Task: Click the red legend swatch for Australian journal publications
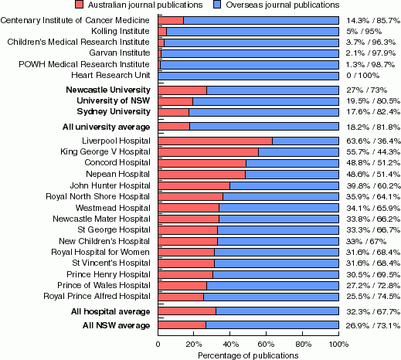click(x=79, y=5)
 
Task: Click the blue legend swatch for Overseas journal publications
click(x=217, y=5)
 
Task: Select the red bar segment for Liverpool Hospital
click(x=216, y=141)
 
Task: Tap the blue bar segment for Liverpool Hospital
click(x=305, y=141)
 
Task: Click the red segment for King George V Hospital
click(x=209, y=152)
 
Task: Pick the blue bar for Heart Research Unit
click(x=249, y=76)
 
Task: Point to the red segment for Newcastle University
click(x=182, y=90)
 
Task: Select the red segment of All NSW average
click(x=182, y=325)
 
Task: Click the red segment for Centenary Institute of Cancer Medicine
click(x=171, y=20)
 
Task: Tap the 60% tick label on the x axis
click(x=266, y=345)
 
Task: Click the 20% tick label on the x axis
click(x=194, y=345)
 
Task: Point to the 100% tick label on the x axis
click(x=338, y=345)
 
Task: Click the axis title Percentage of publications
click(x=248, y=355)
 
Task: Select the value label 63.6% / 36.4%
click(x=373, y=141)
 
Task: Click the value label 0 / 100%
click(x=362, y=76)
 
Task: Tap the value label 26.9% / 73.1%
click(x=373, y=325)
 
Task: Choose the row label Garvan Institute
click(x=120, y=53)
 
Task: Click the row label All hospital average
click(x=110, y=311)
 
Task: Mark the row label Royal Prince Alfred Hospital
click(x=97, y=296)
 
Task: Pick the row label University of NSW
click(x=114, y=100)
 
